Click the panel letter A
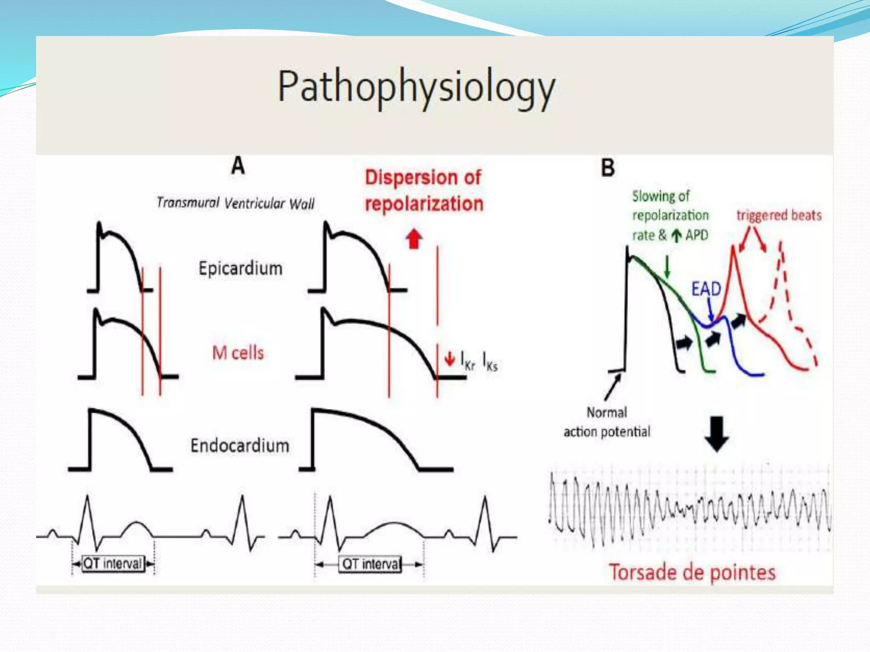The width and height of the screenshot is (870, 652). (238, 166)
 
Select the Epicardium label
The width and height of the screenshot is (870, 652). (240, 269)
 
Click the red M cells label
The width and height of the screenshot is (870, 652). (238, 353)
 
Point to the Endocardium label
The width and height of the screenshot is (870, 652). (240, 446)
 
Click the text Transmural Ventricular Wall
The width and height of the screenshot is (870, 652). (236, 203)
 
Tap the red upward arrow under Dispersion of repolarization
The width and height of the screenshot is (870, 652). (414, 239)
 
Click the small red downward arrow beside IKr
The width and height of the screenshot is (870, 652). (449, 359)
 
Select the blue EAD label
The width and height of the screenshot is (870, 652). (706, 289)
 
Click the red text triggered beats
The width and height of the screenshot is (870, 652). (779, 216)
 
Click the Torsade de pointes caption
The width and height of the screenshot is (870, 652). (692, 573)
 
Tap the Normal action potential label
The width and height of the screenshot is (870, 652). (607, 422)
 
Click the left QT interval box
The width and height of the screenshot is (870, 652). (113, 564)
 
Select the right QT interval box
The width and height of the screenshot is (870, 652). (370, 564)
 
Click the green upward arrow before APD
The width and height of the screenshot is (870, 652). (677, 236)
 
